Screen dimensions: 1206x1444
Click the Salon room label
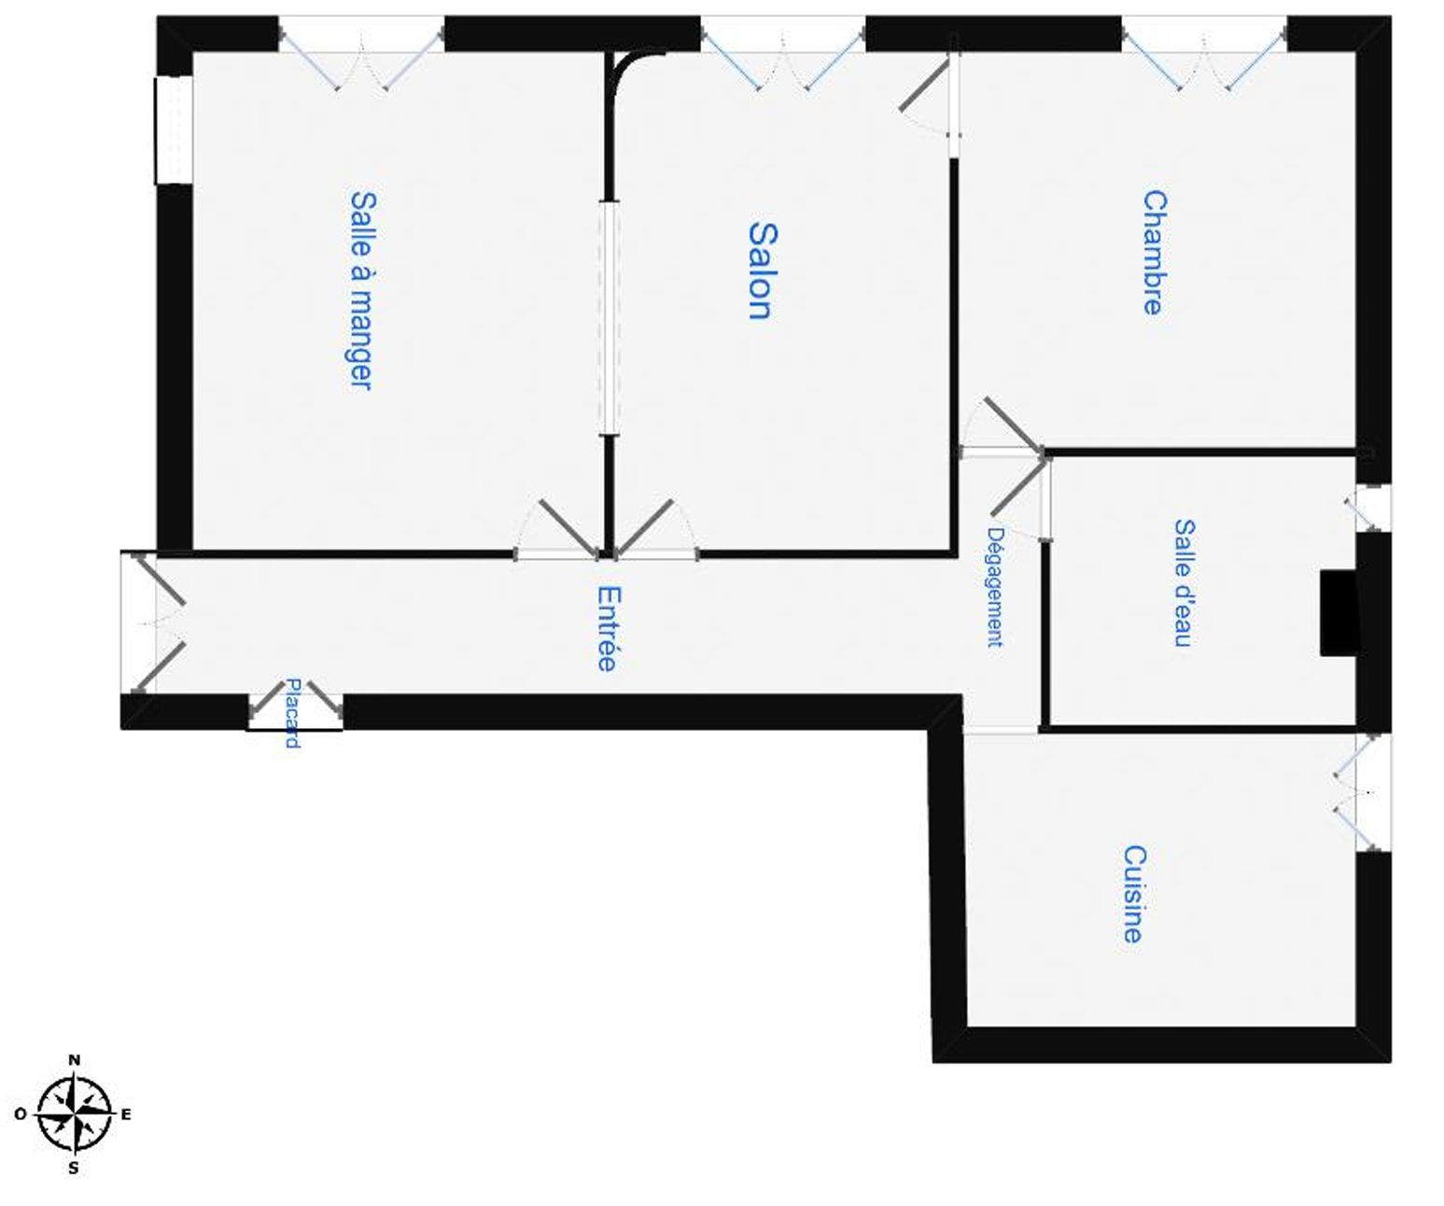[x=759, y=271]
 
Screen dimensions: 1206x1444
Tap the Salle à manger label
[x=361, y=290]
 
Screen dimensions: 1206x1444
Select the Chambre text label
[x=1154, y=253]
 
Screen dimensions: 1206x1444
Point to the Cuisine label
[x=1133, y=894]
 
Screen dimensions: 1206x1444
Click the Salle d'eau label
[x=1184, y=583]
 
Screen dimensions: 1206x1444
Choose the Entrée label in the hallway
[x=607, y=628]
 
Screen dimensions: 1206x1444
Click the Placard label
[x=292, y=713]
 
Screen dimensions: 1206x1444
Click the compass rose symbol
[x=74, y=1114]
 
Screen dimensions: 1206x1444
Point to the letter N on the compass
[x=75, y=1059]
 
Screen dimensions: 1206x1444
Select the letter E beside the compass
[x=126, y=1114]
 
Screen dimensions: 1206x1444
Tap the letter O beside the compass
[x=20, y=1114]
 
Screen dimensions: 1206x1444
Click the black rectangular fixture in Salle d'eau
[x=1337, y=613]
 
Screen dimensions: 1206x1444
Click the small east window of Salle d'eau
[x=1372, y=508]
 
